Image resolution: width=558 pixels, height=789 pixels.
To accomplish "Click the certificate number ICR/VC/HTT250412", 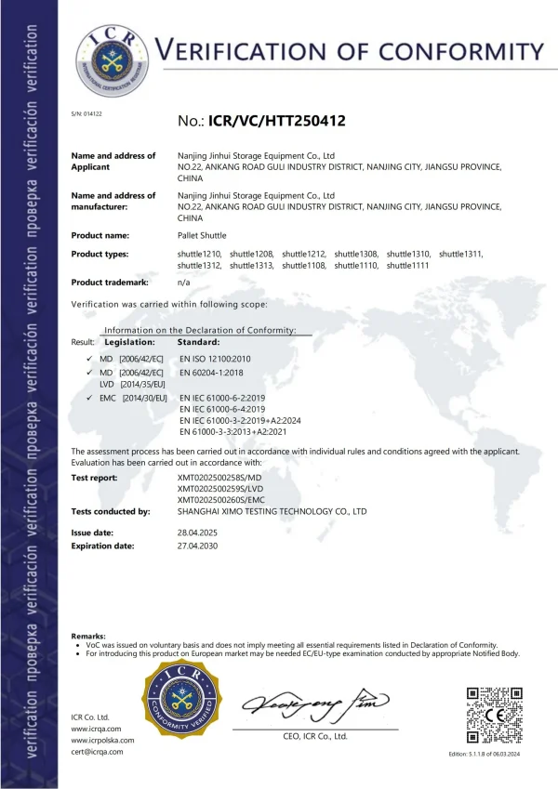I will [x=261, y=120].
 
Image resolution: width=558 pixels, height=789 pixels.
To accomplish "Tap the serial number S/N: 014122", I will [x=86, y=113].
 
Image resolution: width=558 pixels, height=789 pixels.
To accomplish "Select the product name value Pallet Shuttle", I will [x=202, y=235].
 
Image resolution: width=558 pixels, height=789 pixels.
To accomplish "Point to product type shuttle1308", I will [x=356, y=254].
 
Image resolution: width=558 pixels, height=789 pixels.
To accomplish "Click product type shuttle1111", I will [x=408, y=266].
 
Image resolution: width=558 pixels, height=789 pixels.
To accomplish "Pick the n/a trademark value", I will [x=184, y=281].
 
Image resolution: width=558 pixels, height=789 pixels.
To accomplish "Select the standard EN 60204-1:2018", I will [x=212, y=372].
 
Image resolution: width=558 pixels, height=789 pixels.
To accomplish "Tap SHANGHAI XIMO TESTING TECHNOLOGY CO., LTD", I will [x=272, y=511].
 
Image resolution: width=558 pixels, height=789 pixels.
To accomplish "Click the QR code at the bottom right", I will [x=493, y=717].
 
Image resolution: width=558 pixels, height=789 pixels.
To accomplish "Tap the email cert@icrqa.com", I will [x=97, y=752].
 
